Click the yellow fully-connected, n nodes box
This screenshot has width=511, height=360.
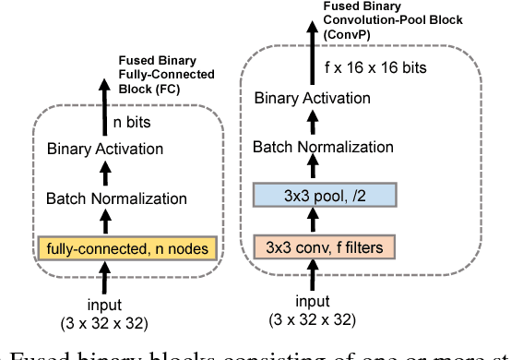click(128, 249)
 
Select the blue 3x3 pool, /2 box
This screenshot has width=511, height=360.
click(324, 195)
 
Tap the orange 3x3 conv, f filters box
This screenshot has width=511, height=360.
click(324, 247)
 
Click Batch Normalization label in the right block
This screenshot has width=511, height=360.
click(323, 146)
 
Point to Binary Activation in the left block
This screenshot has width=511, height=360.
click(104, 149)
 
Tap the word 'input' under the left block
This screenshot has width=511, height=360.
click(104, 306)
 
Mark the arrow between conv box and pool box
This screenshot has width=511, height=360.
click(314, 222)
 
